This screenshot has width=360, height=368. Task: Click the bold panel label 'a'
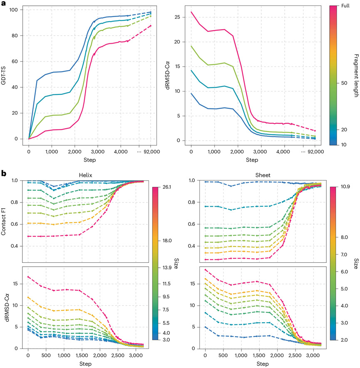point(4,4)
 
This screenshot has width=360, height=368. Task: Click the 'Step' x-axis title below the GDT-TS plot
point(89,161)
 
